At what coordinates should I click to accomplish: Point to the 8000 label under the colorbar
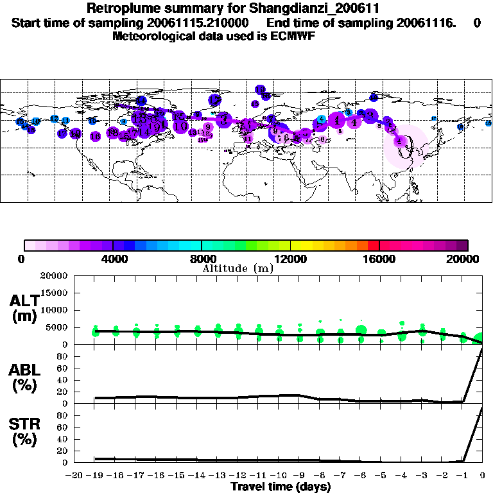tap(202, 259)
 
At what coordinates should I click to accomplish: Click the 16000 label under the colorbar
tap(379, 259)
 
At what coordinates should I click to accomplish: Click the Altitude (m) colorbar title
tap(238, 268)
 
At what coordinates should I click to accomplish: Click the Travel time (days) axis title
tap(281, 487)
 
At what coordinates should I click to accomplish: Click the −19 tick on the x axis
tap(94, 475)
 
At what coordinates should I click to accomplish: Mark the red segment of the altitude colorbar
tap(373, 245)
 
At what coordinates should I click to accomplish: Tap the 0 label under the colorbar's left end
tap(22, 259)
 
